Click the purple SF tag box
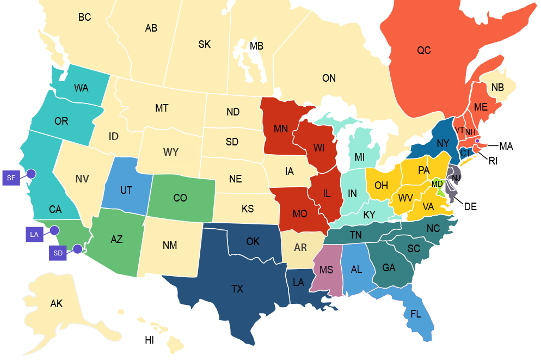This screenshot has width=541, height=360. (x=11, y=178)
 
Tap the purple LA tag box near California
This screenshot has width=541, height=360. (x=34, y=235)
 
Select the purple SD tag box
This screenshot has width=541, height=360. (x=58, y=253)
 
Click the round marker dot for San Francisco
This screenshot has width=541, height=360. (x=31, y=174)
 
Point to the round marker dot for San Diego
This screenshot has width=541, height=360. (x=77, y=249)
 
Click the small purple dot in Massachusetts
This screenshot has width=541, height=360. (x=477, y=141)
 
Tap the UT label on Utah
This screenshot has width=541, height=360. (x=126, y=191)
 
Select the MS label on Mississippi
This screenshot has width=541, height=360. (x=326, y=270)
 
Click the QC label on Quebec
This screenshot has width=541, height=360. (x=424, y=51)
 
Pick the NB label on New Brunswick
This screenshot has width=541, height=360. (x=497, y=88)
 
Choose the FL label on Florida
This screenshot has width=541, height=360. (x=416, y=314)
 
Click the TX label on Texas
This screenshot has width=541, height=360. (x=237, y=289)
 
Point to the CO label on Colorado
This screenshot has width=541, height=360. (x=180, y=198)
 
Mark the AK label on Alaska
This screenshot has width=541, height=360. (x=57, y=304)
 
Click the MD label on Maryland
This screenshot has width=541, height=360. (x=437, y=184)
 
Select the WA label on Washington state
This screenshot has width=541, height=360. (x=81, y=88)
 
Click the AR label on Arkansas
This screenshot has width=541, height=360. (x=300, y=248)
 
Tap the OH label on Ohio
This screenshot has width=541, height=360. (x=381, y=186)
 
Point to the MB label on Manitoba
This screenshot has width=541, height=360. (x=256, y=46)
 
